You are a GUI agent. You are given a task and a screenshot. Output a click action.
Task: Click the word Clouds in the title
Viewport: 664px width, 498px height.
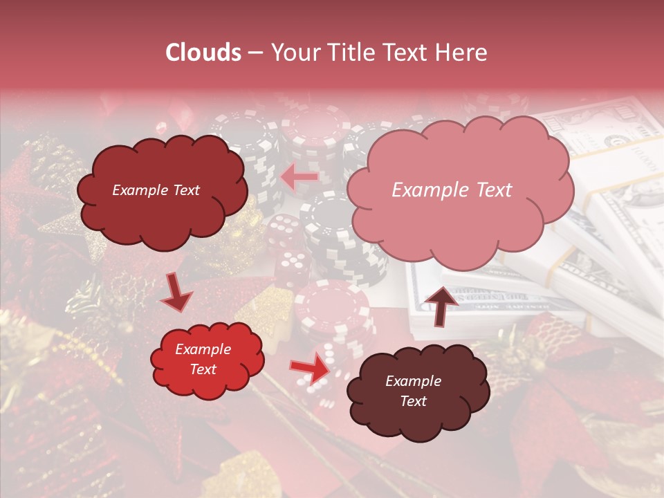pyautogui.click(x=203, y=53)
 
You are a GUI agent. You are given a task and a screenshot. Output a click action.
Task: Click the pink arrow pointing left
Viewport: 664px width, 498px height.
pyautogui.click(x=299, y=178)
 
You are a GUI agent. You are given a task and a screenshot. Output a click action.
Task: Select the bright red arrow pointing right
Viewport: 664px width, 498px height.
pyautogui.click(x=311, y=369)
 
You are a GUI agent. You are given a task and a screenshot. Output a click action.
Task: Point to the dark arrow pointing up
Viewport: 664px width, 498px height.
pyautogui.click(x=442, y=305)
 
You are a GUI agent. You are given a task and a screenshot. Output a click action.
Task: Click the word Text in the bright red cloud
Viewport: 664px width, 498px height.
pyautogui.click(x=203, y=369)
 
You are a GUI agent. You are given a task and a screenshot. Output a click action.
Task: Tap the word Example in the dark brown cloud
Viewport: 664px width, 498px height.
pyautogui.click(x=413, y=381)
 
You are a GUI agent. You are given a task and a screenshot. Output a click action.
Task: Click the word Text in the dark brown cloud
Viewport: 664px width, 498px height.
pyautogui.click(x=413, y=401)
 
